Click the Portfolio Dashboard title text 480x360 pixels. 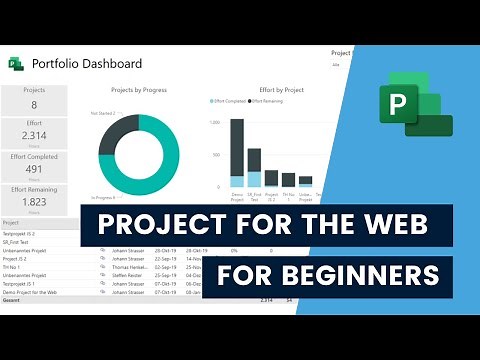(x=88, y=63)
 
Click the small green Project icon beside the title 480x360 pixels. (x=16, y=63)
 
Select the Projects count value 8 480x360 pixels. (x=34, y=104)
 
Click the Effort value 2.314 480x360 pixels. (x=34, y=135)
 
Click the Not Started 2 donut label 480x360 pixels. (x=100, y=113)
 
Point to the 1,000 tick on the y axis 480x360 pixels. (x=215, y=123)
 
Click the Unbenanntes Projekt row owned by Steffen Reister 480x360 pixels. (x=30, y=274)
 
